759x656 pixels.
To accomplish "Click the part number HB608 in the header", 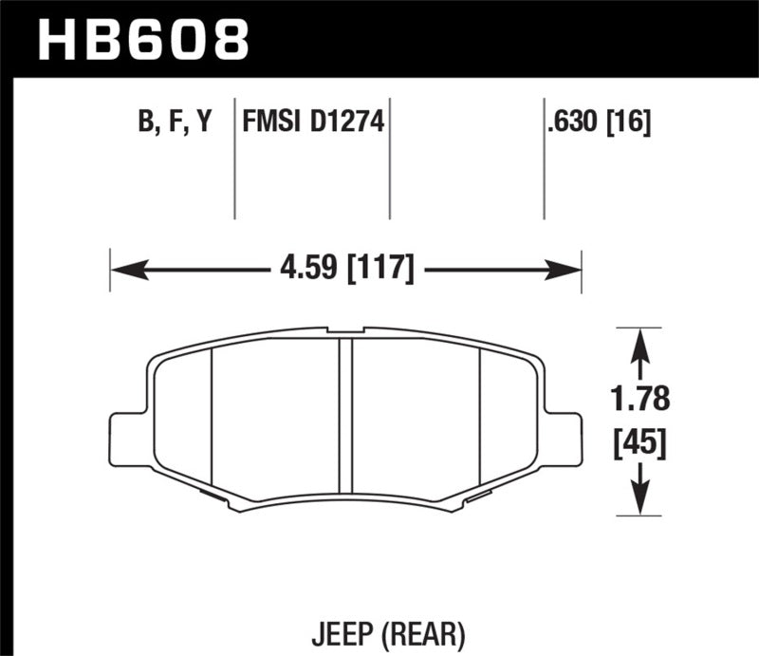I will coord(142,38).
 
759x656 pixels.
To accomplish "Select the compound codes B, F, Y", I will coord(177,122).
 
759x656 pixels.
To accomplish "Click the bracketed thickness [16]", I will coord(631,122).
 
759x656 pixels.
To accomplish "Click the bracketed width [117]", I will coord(381,270).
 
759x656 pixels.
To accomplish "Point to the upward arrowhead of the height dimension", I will coord(641,342).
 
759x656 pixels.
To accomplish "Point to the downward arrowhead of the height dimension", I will coord(641,502).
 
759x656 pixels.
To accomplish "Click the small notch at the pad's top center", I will coord(346,331).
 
